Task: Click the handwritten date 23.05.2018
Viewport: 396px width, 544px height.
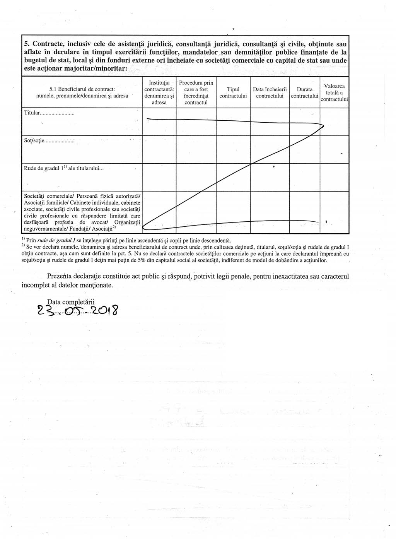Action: tap(77, 311)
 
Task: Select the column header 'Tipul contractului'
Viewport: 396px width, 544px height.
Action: tap(233, 93)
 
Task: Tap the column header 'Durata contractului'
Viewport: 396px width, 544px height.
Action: tap(304, 93)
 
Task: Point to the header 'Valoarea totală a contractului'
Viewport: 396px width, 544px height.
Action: tap(334, 93)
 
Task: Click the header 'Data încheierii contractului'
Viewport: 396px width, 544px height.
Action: tap(270, 93)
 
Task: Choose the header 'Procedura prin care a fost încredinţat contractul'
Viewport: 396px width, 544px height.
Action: tap(196, 93)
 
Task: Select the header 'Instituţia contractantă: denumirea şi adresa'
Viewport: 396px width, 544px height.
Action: tap(159, 93)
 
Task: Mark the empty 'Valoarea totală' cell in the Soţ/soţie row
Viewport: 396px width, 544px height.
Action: tap(334, 150)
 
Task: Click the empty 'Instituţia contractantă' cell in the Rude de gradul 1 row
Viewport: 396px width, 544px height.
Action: tap(159, 177)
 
